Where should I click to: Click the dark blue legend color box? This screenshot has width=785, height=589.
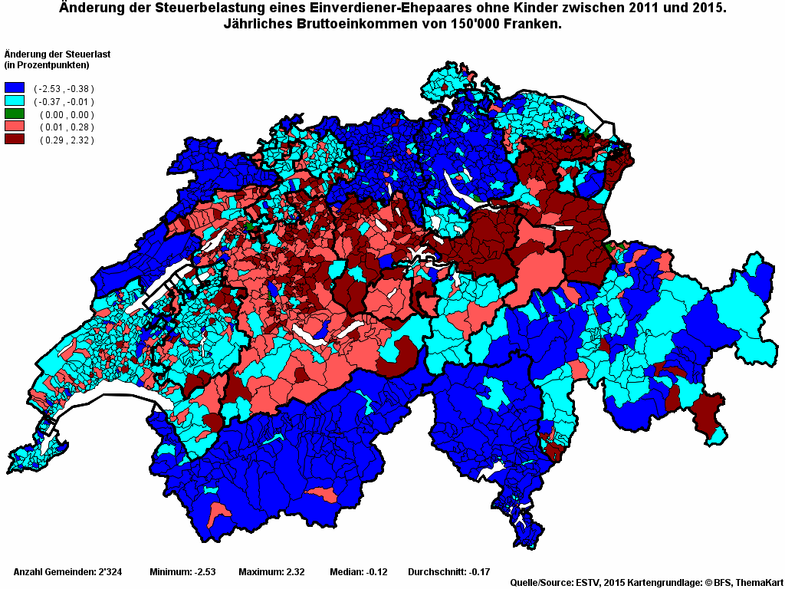point(15,88)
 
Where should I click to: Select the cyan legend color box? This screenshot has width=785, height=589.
point(15,101)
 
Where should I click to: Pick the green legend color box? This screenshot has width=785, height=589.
point(15,114)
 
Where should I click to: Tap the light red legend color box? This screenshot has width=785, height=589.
point(15,127)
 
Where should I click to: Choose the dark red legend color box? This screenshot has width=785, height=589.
point(15,140)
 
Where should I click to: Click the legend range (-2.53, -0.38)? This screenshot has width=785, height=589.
point(64,89)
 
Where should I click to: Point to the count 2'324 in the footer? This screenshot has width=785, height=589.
point(108,572)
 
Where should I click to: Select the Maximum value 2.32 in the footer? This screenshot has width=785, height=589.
point(295,572)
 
